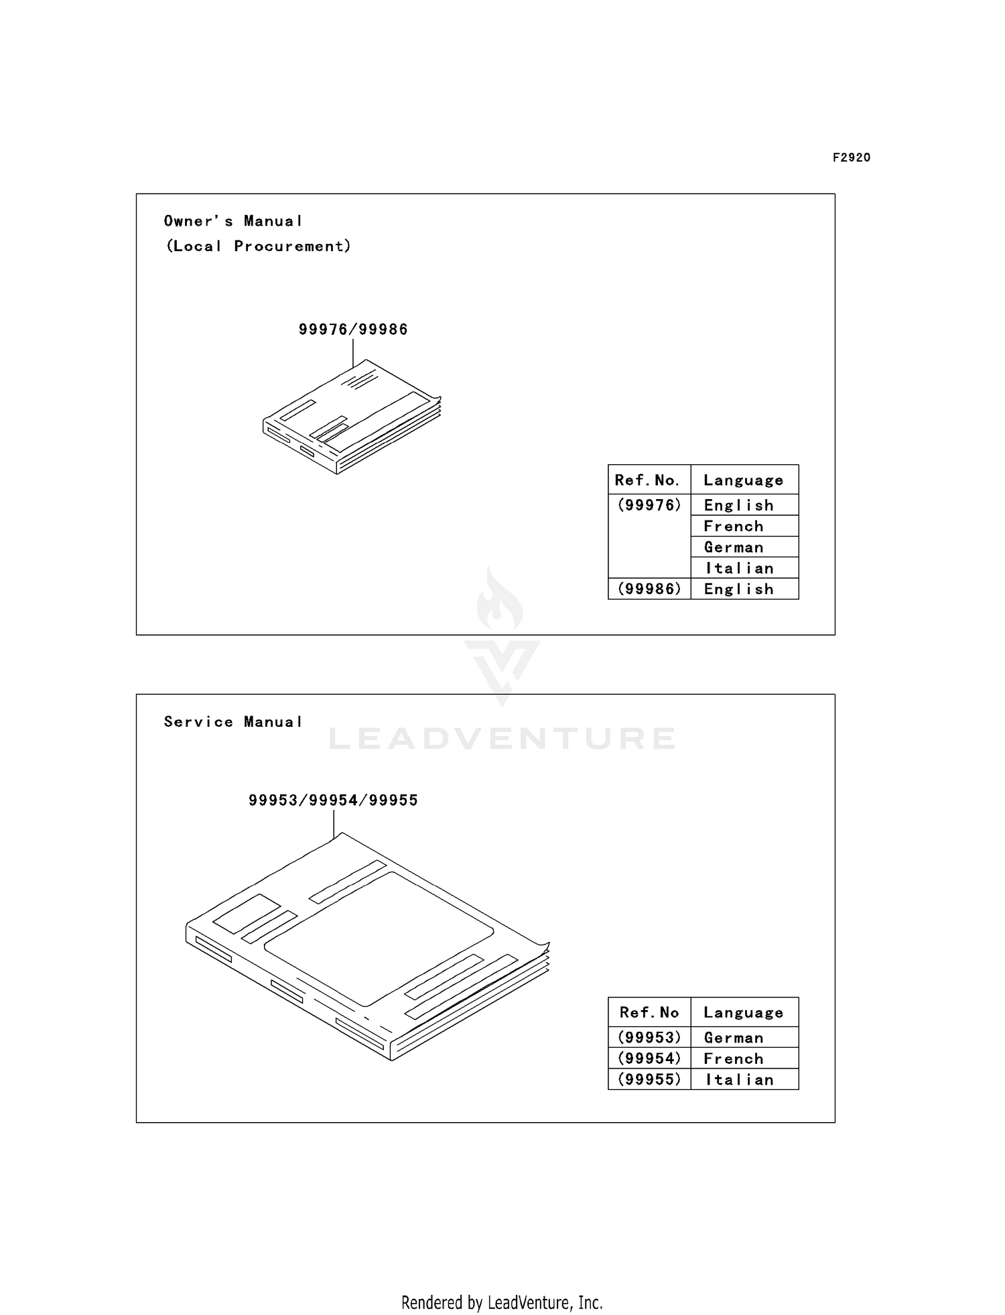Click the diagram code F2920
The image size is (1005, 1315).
click(852, 157)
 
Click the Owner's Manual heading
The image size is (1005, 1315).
click(233, 221)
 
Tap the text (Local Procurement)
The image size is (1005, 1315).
click(259, 246)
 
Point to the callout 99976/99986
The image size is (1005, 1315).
click(353, 330)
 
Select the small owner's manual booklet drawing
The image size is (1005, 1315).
click(352, 417)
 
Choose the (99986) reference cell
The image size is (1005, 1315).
click(649, 589)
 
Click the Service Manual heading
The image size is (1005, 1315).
click(233, 721)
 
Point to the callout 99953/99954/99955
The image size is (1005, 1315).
click(333, 801)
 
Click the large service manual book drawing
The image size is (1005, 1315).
click(367, 946)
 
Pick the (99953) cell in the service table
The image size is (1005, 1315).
click(649, 1038)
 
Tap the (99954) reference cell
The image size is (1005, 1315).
click(649, 1058)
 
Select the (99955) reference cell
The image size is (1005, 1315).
click(649, 1079)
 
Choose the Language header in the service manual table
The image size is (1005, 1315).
click(744, 1013)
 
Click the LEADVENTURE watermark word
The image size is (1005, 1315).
click(503, 738)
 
